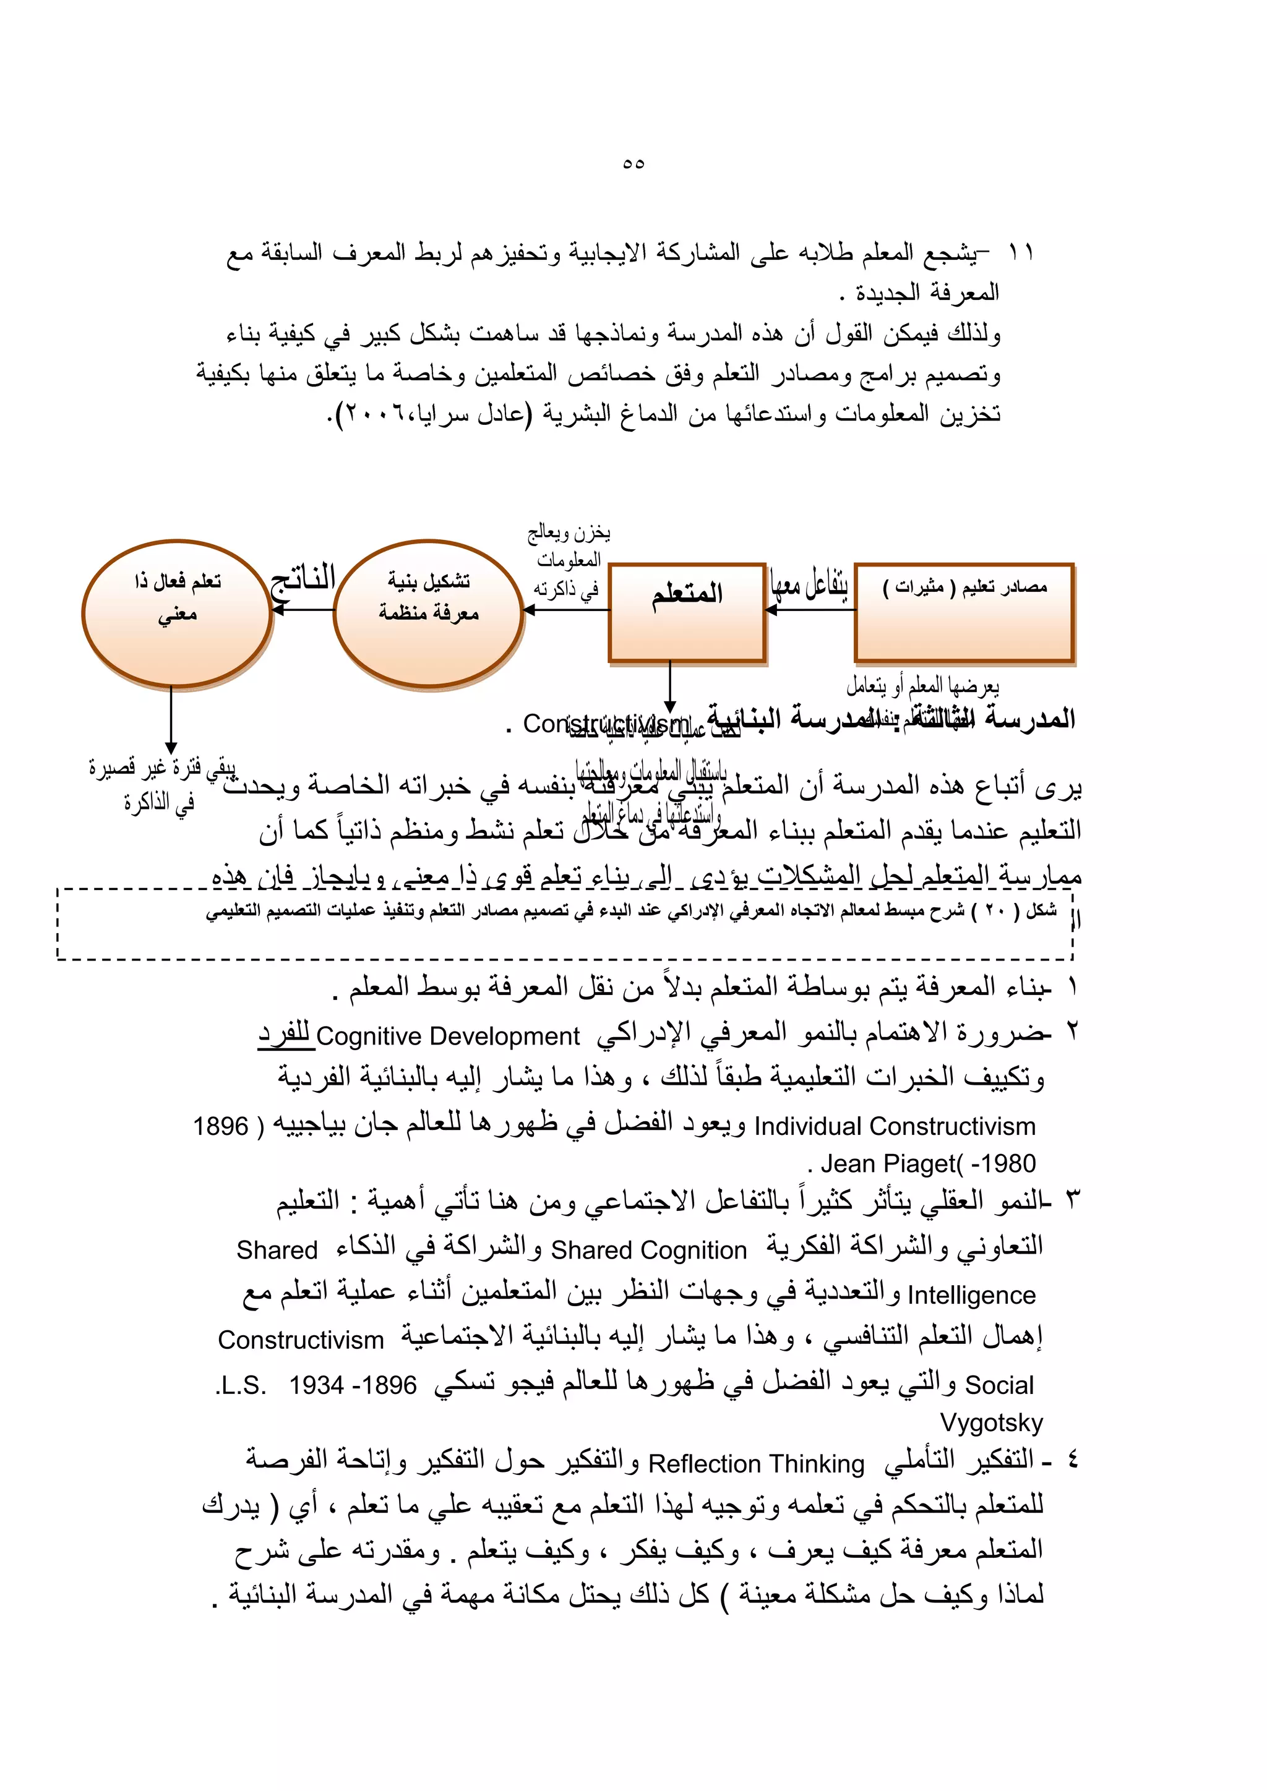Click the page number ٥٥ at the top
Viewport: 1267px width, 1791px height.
coord(633,163)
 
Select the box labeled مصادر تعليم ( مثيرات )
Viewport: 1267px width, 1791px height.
coord(964,612)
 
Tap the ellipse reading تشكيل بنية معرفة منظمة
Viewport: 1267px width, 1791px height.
coord(428,612)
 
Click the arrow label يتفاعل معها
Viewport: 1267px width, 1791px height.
coord(809,583)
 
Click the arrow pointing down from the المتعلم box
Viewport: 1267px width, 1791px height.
coord(669,686)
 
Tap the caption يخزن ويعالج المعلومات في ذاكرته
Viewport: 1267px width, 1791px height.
coord(567,560)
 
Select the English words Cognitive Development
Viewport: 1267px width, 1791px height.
coord(448,1036)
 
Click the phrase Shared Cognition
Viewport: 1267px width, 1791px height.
coord(648,1250)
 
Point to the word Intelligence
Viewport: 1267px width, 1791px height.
coord(971,1295)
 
